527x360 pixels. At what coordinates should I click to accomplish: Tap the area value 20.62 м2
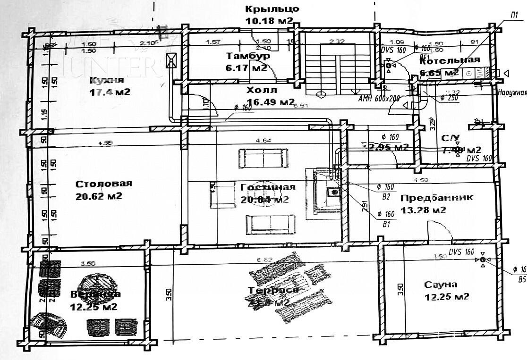coord(99,196)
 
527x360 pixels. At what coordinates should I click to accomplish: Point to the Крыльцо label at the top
coord(272,9)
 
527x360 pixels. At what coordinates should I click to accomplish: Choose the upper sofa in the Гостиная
coord(263,158)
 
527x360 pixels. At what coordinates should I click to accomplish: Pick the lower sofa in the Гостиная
coord(270,223)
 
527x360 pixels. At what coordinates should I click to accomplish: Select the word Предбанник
coord(436,198)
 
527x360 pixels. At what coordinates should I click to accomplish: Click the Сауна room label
coord(440,285)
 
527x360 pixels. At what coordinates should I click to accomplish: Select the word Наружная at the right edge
coord(511,93)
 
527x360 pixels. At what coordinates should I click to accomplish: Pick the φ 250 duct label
coord(450,98)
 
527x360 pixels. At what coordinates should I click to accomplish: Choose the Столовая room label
coord(103,184)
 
